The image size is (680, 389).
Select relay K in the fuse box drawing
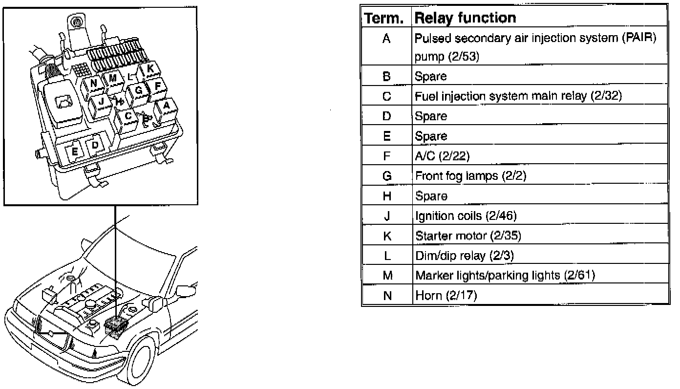pyautogui.click(x=149, y=69)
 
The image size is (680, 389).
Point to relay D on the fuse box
pyautogui.click(x=95, y=145)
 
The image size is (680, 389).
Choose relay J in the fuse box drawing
pyautogui.click(x=101, y=102)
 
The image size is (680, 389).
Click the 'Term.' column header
pyautogui.click(x=386, y=19)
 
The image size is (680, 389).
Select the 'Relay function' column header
pyautogui.click(x=465, y=19)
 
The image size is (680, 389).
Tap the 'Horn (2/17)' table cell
pyautogui.click(x=446, y=296)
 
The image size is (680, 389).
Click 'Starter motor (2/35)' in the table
pyautogui.click(x=468, y=236)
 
